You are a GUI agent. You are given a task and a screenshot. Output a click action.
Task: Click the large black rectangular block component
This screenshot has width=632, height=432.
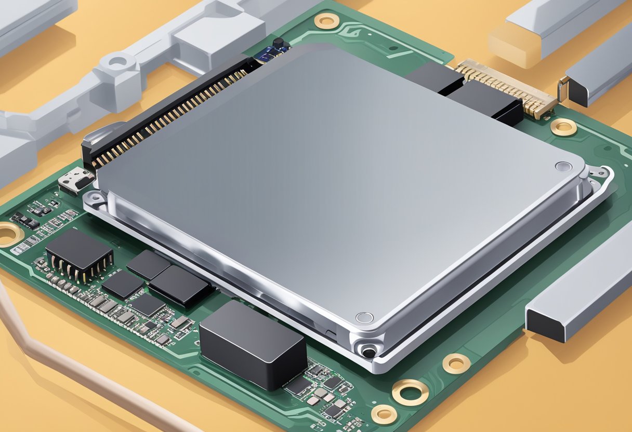(x=253, y=344)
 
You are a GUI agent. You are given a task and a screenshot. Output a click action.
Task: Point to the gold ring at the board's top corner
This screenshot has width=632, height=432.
(x=327, y=21)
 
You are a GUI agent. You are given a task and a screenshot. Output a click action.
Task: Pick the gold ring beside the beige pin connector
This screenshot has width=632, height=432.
(x=563, y=127)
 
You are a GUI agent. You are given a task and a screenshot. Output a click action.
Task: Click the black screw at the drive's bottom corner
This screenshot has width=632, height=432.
(x=368, y=353)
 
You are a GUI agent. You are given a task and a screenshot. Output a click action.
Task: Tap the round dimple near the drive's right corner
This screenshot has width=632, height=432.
(x=563, y=166)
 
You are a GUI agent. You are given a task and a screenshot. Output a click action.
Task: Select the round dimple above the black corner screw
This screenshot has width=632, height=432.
(x=364, y=317)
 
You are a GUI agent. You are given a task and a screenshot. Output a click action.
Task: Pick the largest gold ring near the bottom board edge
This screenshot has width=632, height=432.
(x=410, y=392)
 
